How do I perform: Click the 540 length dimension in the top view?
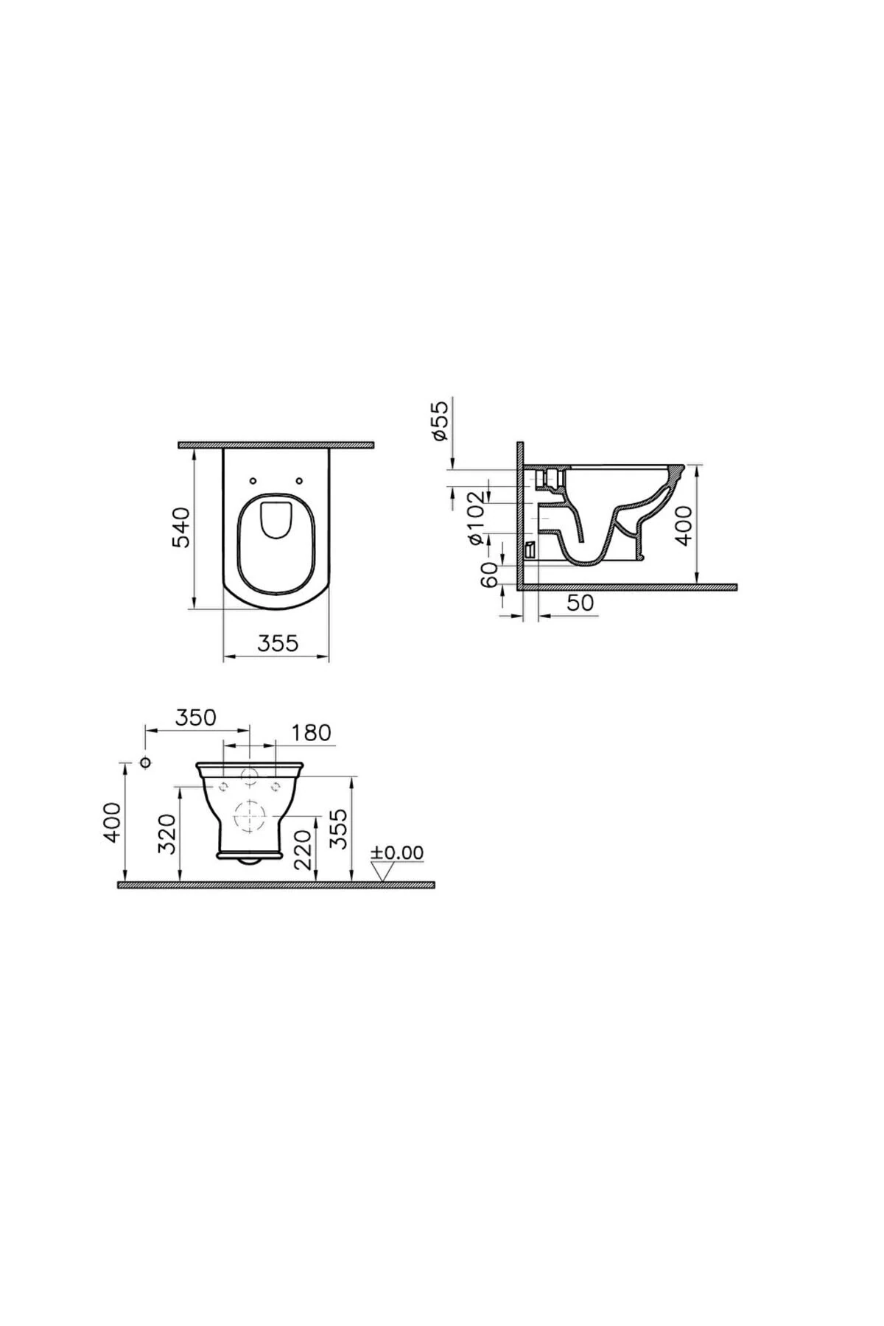pos(181,527)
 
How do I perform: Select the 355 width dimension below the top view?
pos(278,643)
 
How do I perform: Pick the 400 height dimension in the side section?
pos(684,525)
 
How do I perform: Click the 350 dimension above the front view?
pos(196,717)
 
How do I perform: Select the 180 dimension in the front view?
pos(311,733)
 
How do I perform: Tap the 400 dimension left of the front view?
pos(111,822)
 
